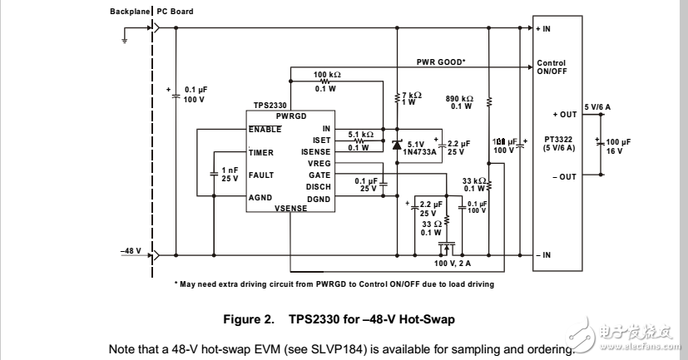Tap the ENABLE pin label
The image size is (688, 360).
point(265,129)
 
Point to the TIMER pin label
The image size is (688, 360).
point(260,152)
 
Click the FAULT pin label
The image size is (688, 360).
point(261,175)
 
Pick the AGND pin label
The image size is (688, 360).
point(260,199)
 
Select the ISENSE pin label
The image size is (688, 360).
point(316,152)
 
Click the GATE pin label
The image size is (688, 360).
point(319,175)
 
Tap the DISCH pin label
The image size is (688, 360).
point(319,187)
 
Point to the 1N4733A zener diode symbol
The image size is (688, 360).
point(396,145)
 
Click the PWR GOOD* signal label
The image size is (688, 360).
point(440,62)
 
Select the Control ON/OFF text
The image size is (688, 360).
point(552,67)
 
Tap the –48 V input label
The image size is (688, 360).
point(131,249)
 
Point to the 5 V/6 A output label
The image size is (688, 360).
point(597,106)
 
